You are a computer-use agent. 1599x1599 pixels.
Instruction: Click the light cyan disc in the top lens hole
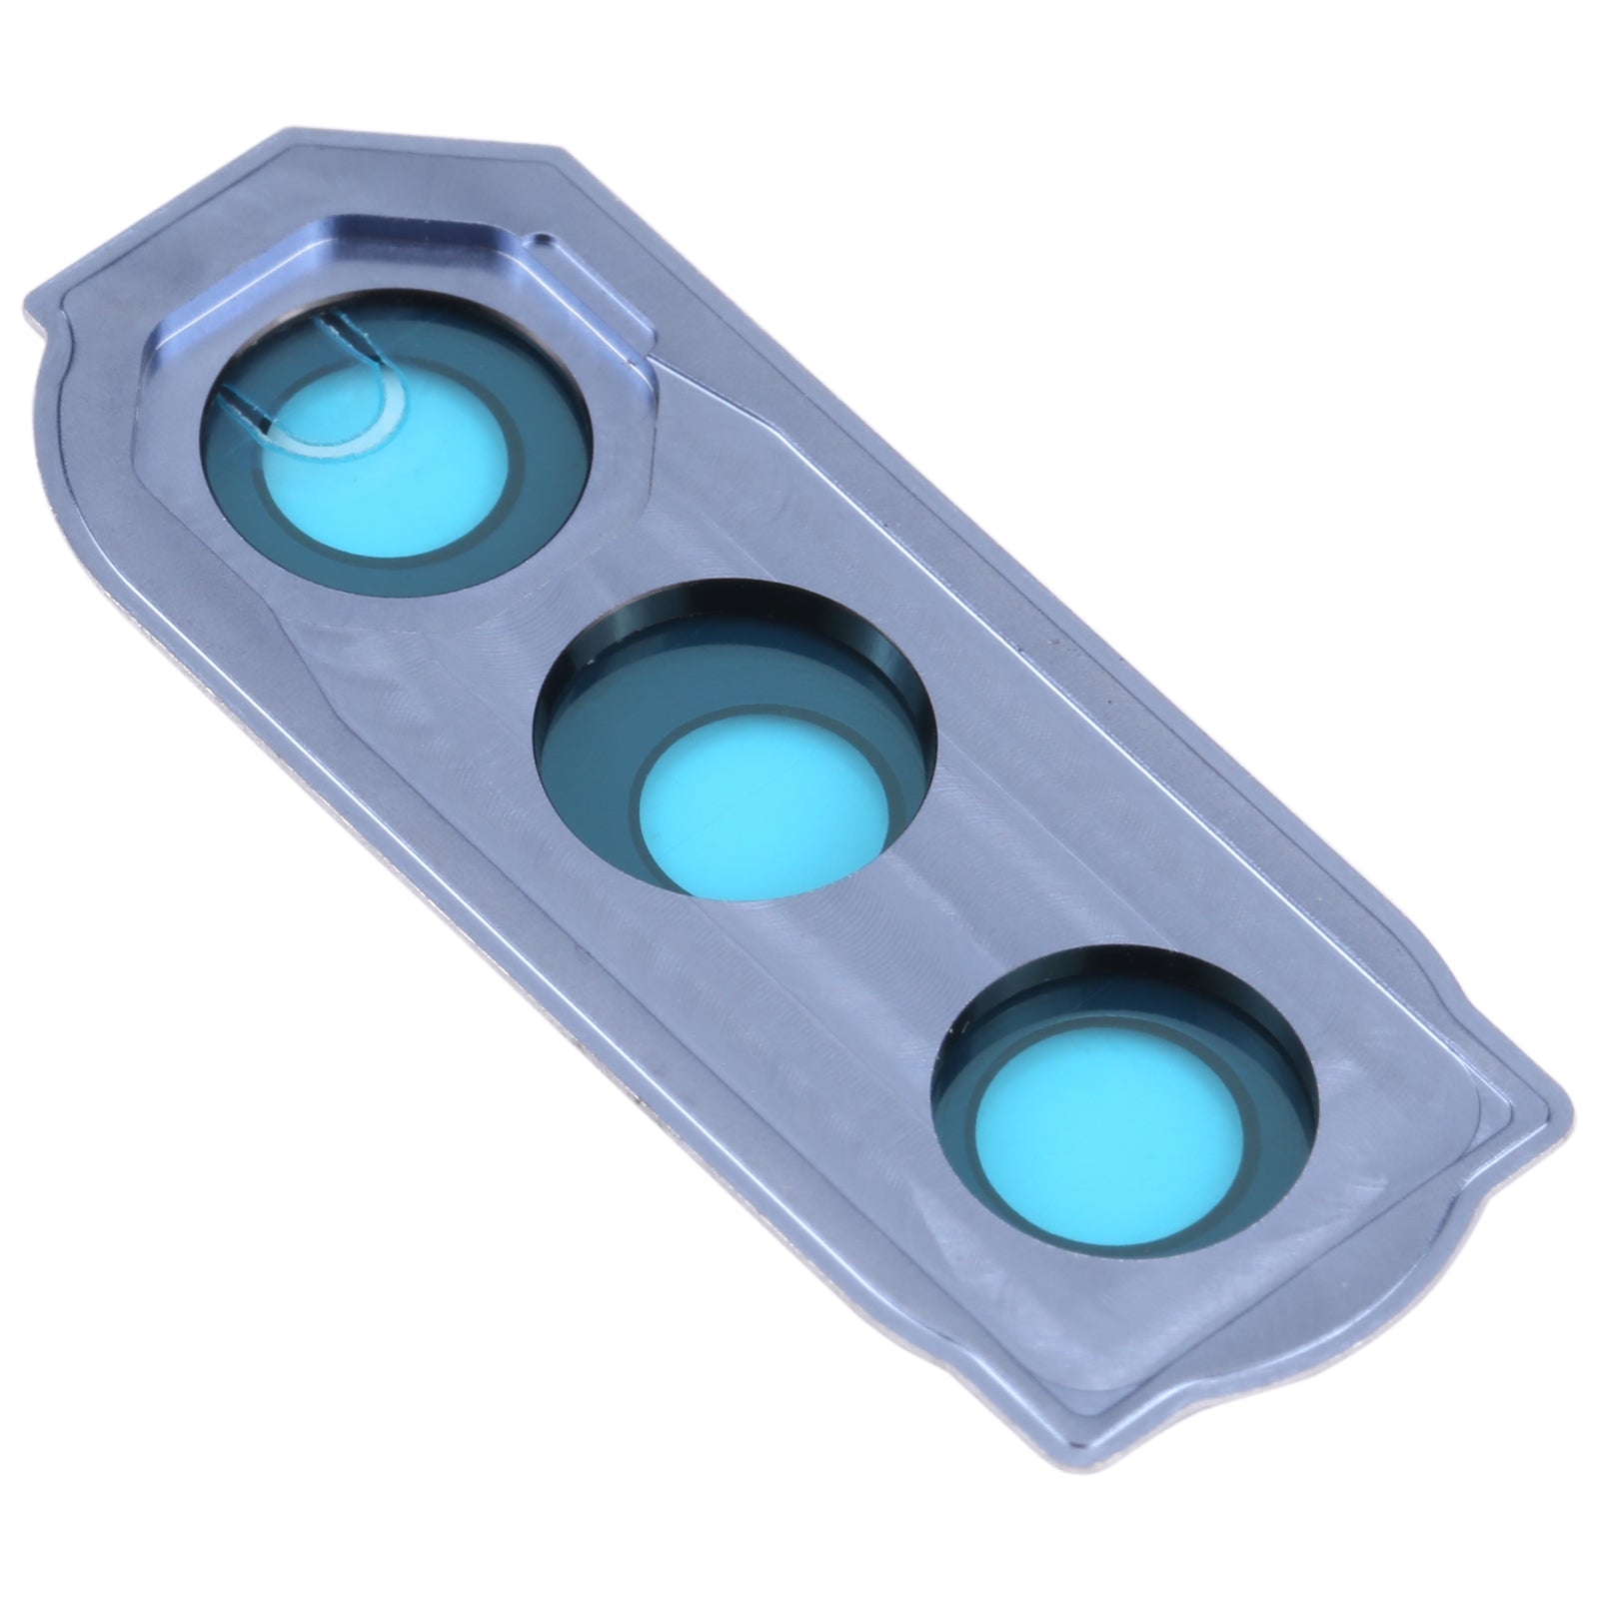click(x=400, y=470)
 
